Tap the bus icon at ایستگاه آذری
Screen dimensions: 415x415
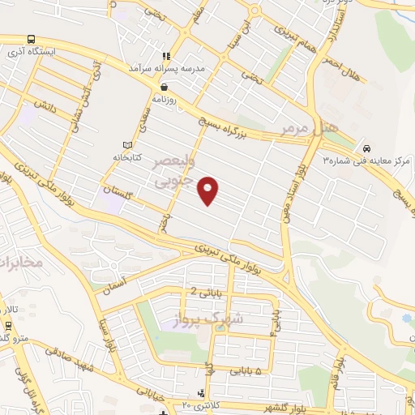31,39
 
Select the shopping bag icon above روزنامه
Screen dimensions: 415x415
164,87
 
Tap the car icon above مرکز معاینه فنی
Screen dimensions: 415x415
367,148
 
